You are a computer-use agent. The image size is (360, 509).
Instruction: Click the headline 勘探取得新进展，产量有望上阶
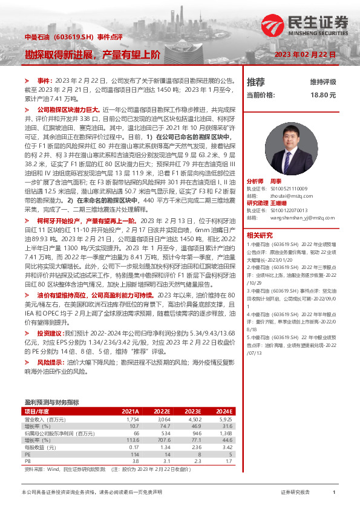point(93,54)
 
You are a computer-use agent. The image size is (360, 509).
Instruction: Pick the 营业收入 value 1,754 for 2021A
point(133,419)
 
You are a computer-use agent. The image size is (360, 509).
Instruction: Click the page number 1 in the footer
point(334,493)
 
